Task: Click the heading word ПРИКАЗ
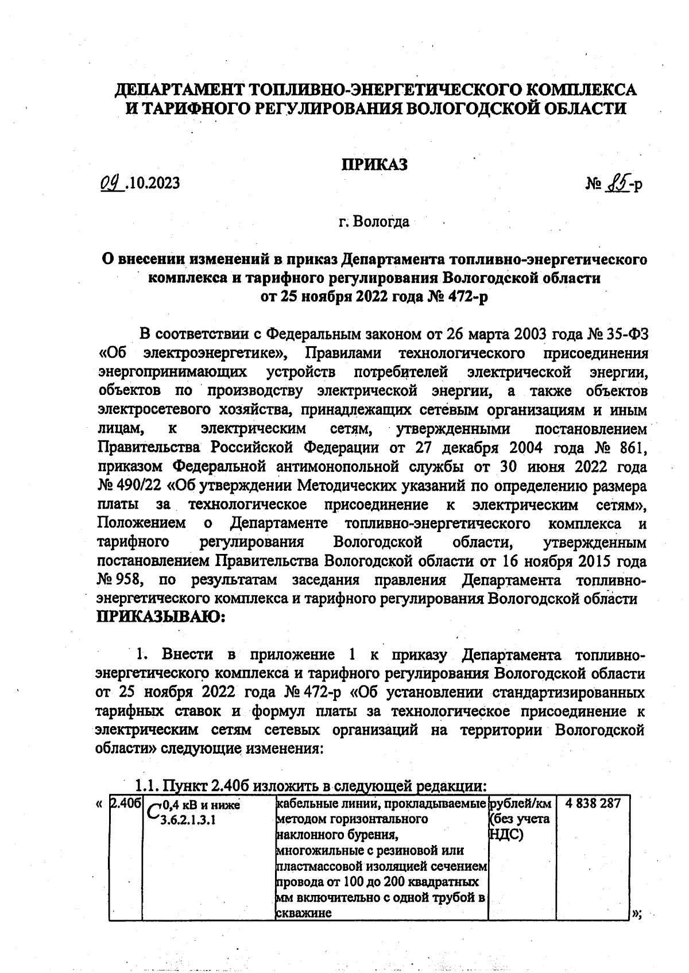pyautogui.click(x=374, y=165)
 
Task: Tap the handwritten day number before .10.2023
pyautogui.click(x=108, y=183)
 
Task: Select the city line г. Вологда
pyautogui.click(x=374, y=222)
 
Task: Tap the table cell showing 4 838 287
pyautogui.click(x=593, y=803)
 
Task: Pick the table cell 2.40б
pyautogui.click(x=125, y=803)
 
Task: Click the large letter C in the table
pyautogui.click(x=153, y=811)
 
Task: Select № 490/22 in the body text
pyautogui.click(x=130, y=486)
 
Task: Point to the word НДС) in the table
pyautogui.click(x=505, y=835)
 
